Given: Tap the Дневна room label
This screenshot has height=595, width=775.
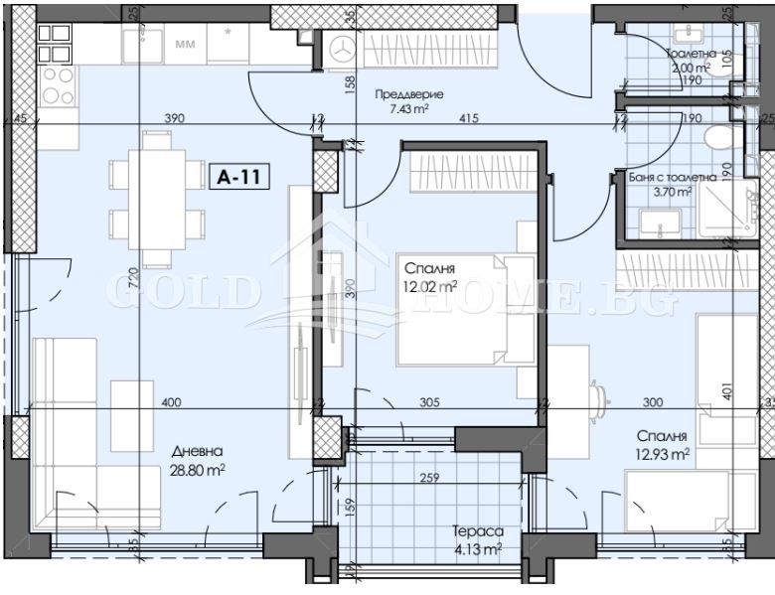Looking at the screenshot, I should (195, 449).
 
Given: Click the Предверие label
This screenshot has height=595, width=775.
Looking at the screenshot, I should (408, 94).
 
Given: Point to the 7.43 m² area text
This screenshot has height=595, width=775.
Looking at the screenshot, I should (408, 110).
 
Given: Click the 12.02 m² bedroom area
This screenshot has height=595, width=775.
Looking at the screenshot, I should (428, 285).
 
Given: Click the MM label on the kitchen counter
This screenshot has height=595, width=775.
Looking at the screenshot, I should (185, 44).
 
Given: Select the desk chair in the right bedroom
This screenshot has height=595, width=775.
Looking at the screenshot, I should (599, 395).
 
